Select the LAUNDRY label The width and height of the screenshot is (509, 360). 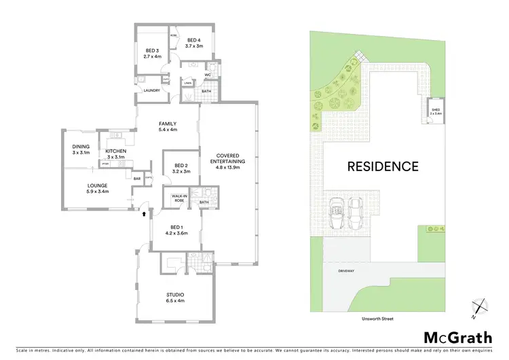[151, 90]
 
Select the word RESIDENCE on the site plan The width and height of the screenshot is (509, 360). [383, 165]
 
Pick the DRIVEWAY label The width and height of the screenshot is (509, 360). [346, 270]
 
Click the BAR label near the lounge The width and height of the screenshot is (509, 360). [136, 179]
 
